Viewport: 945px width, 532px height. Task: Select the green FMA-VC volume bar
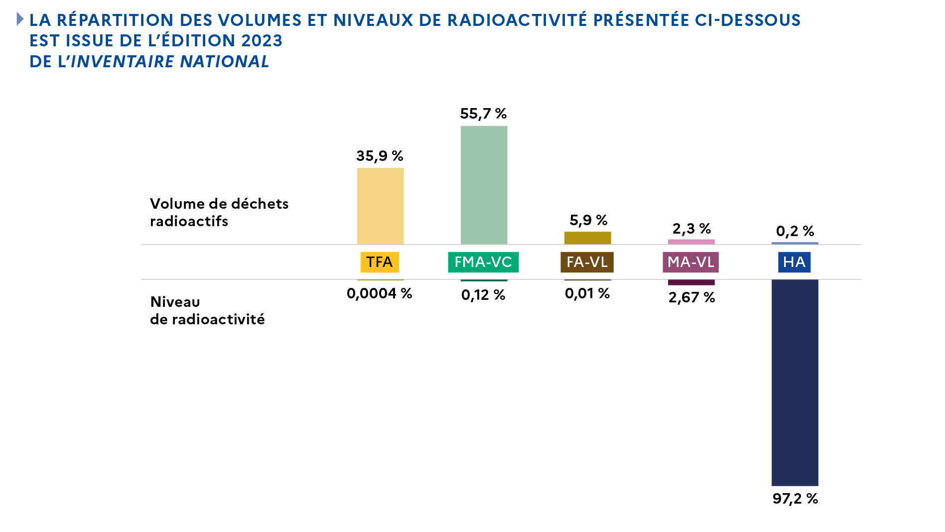(484, 185)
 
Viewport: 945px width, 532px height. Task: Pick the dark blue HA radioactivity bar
(795, 383)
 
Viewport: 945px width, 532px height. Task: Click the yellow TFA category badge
(380, 262)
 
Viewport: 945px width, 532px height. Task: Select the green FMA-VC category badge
(483, 262)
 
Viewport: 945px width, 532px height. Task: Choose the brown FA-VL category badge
(587, 262)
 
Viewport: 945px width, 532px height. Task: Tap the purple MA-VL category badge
(690, 262)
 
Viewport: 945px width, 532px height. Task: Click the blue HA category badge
(794, 262)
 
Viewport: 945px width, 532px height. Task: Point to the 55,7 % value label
(483, 114)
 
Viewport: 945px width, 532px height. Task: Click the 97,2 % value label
(795, 499)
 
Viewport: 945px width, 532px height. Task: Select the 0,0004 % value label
(380, 293)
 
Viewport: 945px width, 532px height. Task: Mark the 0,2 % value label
(795, 231)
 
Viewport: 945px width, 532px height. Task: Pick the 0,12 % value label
(483, 295)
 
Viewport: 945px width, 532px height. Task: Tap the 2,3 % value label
(691, 229)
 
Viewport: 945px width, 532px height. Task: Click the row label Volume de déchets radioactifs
(219, 212)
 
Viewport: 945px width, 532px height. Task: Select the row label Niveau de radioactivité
(207, 310)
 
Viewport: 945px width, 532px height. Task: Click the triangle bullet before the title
(20, 19)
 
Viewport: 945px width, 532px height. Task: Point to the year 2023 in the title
(262, 41)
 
